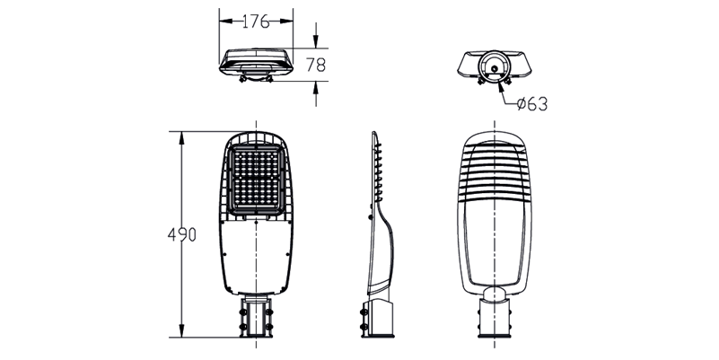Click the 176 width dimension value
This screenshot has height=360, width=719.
click(256, 21)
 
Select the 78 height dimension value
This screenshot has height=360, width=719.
click(316, 66)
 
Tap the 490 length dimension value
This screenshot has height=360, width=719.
click(182, 234)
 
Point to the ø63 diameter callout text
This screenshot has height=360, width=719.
click(532, 104)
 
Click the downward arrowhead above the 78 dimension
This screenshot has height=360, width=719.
click(315, 42)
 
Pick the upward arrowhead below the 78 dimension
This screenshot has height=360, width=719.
click(315, 87)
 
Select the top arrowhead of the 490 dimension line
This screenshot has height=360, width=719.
click(181, 137)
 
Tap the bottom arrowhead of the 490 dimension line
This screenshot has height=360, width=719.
click(181, 331)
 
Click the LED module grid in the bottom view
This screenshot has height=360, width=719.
click(256, 180)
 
